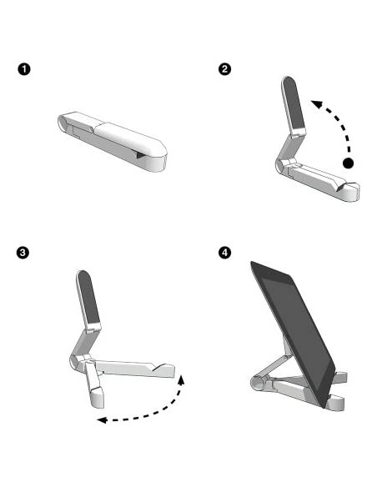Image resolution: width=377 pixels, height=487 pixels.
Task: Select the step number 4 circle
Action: tap(224, 251)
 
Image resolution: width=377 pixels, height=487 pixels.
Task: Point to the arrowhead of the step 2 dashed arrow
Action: tap(316, 102)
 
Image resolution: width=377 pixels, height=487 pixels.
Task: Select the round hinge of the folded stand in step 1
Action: tap(66, 123)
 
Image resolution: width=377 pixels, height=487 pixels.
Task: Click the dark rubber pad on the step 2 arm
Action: tap(294, 104)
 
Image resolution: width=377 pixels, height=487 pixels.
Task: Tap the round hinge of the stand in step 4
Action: tap(259, 384)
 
